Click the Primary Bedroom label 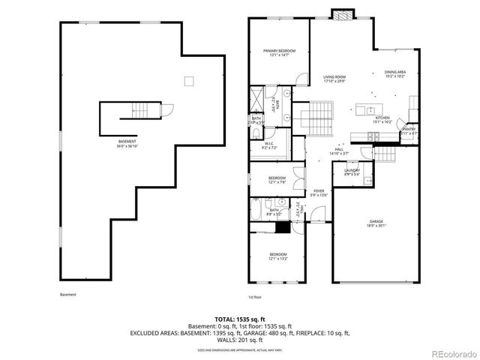pos(279,52)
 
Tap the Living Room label pos(334,79)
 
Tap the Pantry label pos(409,130)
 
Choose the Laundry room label pos(352,172)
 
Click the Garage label pos(375,223)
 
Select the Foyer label pos(319,193)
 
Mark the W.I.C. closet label pos(271,145)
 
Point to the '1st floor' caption pos(255,297)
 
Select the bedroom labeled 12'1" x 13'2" pos(277,257)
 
